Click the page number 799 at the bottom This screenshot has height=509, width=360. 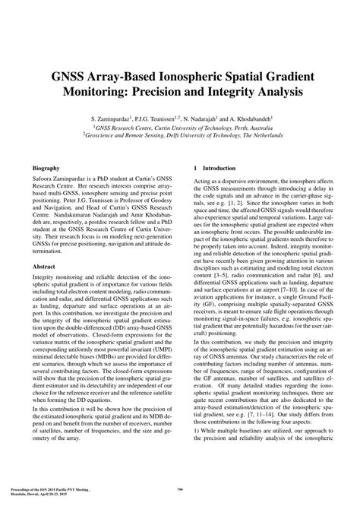pos(180,489)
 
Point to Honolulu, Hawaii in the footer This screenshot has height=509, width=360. pos(30,493)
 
